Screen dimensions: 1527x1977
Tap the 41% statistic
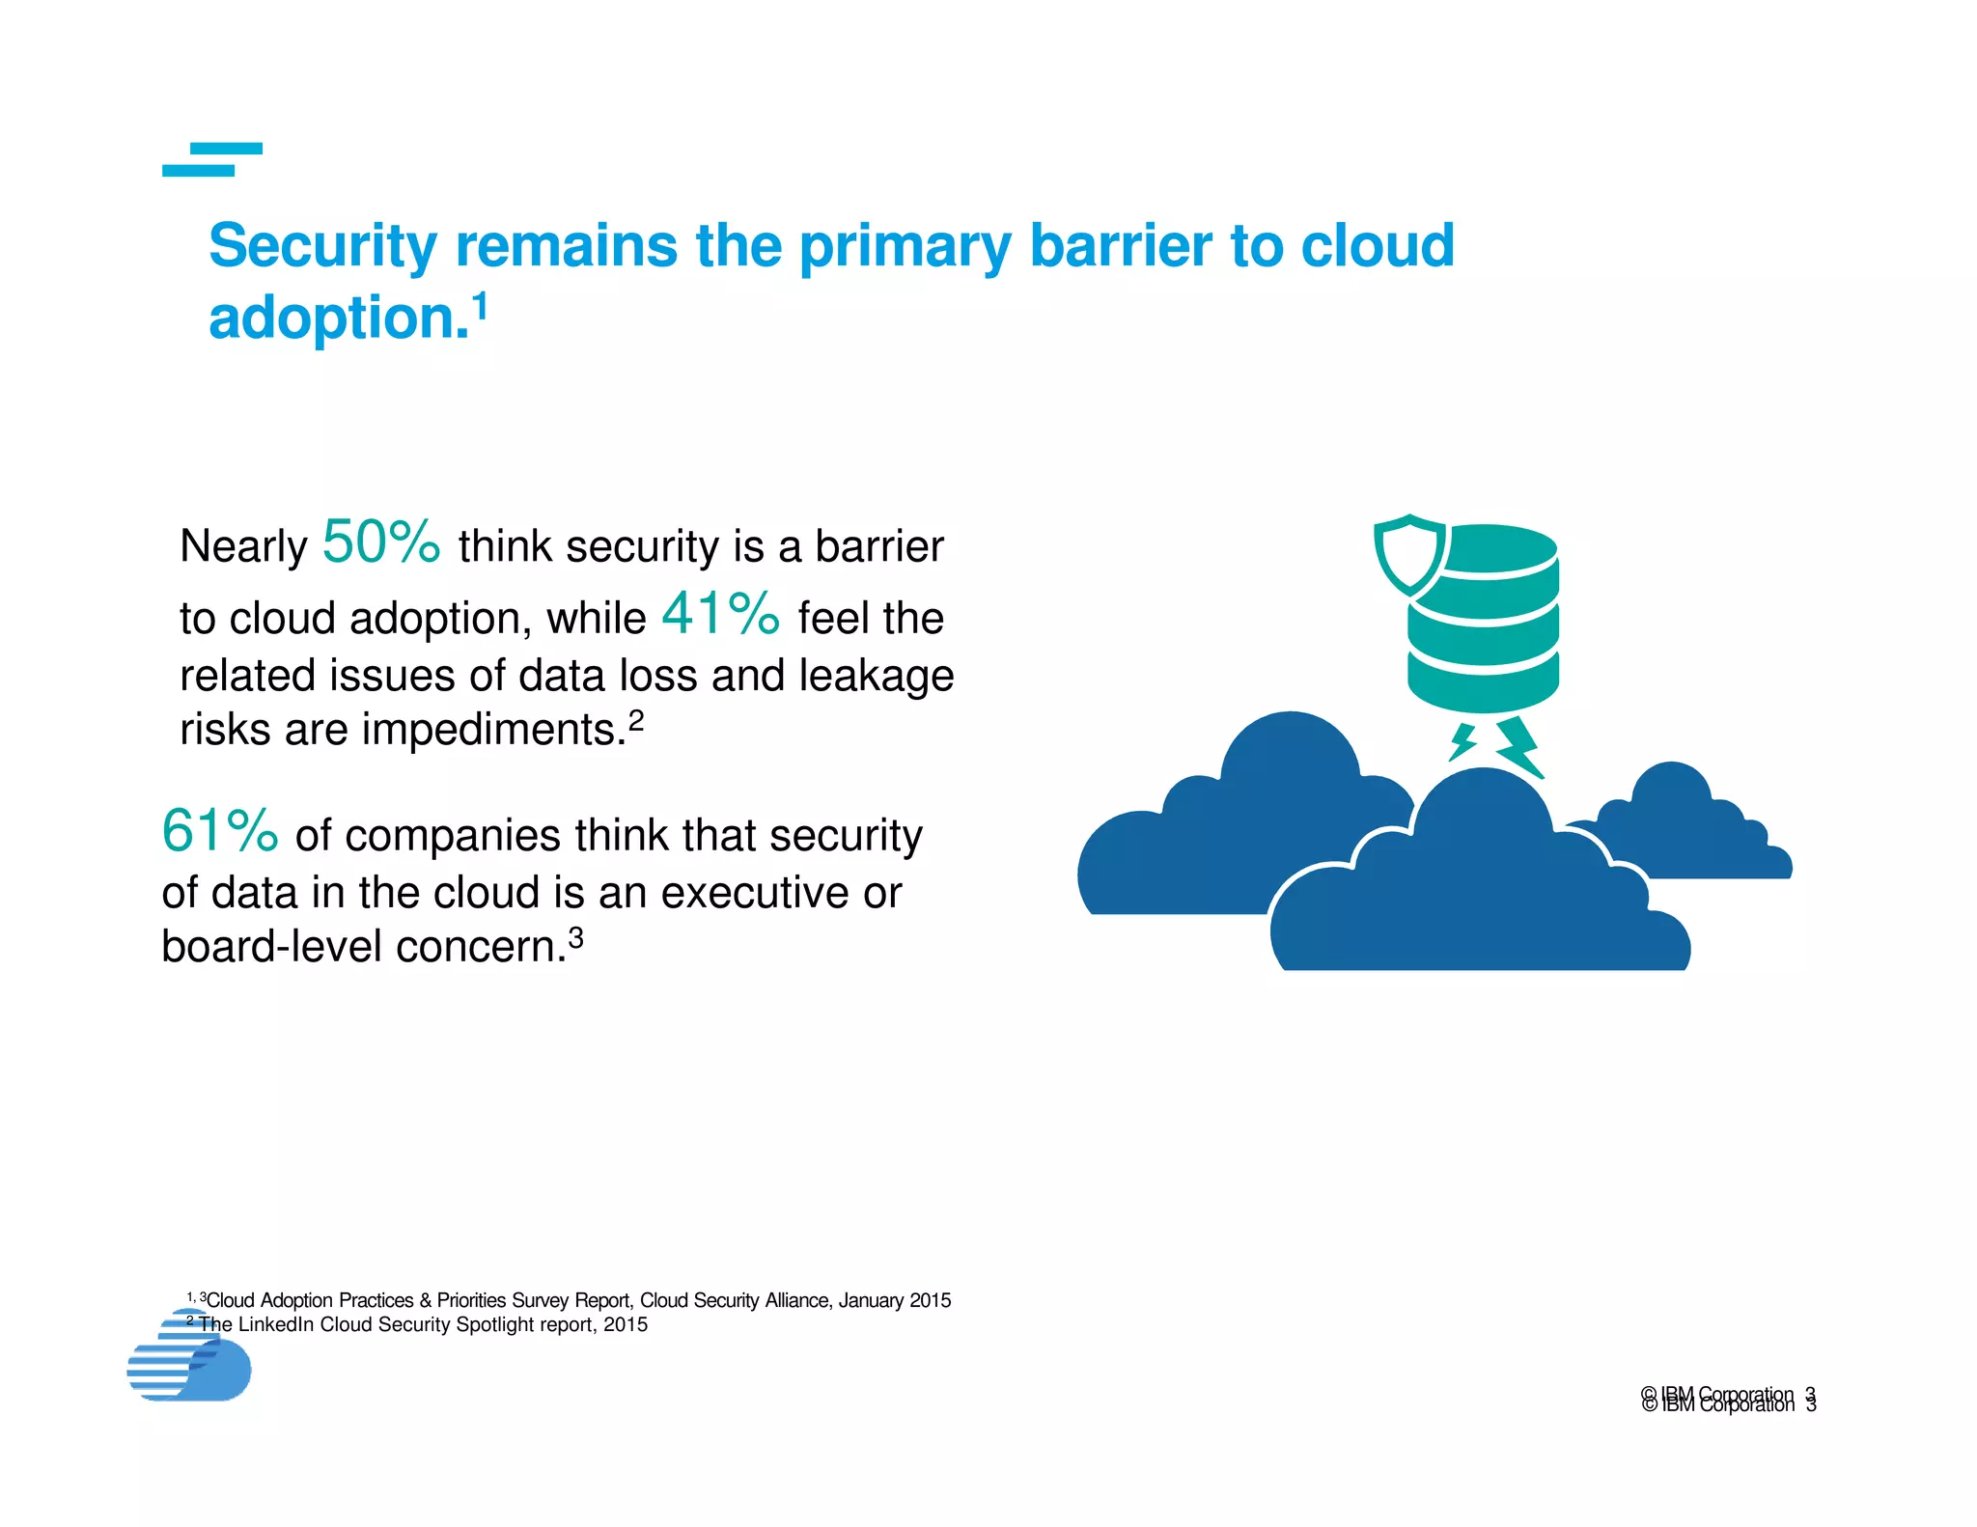coord(720,614)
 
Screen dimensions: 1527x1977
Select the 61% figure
coord(220,831)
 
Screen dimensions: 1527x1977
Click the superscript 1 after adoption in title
coord(480,306)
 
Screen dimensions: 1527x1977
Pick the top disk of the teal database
coord(1487,548)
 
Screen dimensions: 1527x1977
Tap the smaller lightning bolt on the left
coord(1462,741)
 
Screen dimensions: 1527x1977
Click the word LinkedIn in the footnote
coord(276,1324)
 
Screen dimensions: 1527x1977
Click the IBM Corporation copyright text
coord(1717,1399)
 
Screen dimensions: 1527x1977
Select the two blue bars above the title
coord(212,159)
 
